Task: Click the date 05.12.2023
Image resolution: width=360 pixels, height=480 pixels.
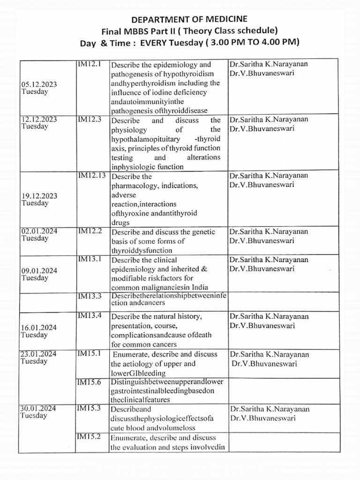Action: pos(39,84)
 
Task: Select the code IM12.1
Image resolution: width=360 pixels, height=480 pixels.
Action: pos(89,63)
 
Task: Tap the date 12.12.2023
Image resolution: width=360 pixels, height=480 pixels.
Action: pos(39,120)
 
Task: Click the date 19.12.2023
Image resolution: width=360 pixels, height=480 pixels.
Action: pos(39,196)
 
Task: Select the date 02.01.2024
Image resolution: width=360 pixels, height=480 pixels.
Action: pos(39,231)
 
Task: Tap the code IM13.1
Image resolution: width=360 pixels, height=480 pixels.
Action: pos(89,259)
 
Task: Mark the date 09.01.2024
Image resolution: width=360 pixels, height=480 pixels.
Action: pos(39,270)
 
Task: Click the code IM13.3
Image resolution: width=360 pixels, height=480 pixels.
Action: pos(89,295)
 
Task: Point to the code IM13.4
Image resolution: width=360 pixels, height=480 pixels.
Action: pos(89,315)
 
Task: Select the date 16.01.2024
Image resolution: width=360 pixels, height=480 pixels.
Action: pos(39,327)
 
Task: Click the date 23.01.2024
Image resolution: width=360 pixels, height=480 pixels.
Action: pos(39,354)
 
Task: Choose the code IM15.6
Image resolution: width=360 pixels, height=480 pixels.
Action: pos(89,382)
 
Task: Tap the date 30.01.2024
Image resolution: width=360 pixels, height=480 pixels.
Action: pos(39,408)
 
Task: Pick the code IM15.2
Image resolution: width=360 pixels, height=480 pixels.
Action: pos(89,437)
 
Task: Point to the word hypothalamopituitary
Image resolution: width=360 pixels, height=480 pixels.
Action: pos(143,140)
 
